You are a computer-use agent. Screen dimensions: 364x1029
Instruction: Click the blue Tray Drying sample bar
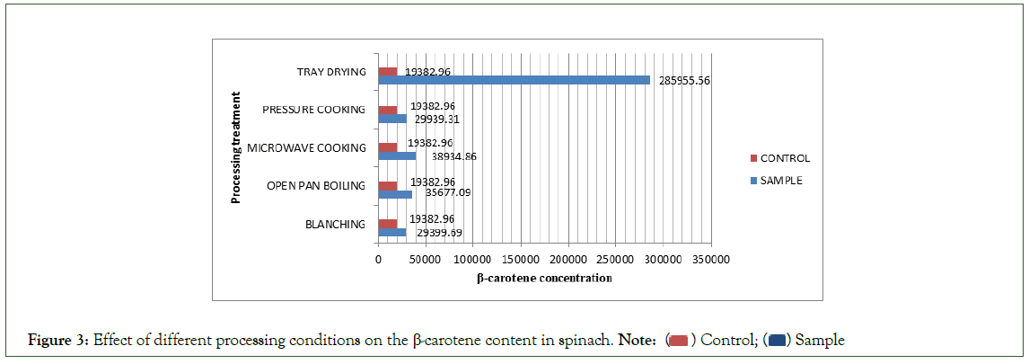(514, 80)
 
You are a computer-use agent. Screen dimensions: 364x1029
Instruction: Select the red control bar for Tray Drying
(388, 71)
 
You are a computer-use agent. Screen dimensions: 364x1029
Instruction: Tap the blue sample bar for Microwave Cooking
(397, 156)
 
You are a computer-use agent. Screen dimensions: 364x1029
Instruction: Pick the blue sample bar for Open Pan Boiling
(395, 194)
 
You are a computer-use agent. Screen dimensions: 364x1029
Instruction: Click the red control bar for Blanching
(388, 224)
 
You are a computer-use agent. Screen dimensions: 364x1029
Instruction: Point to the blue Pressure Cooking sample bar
(392, 119)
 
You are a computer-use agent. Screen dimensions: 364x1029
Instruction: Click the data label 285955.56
(685, 80)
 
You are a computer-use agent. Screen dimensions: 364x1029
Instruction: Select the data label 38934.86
(454, 156)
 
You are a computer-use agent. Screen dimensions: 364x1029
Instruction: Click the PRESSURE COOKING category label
(313, 110)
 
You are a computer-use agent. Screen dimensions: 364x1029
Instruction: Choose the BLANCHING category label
(336, 224)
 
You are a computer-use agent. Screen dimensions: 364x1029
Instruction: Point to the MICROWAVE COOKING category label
(306, 147)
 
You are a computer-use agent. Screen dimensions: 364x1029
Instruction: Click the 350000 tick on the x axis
(710, 261)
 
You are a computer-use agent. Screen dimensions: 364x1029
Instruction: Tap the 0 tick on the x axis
(378, 261)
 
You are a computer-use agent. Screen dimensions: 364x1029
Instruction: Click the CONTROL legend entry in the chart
(784, 158)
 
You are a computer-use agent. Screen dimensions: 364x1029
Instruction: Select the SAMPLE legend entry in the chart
(780, 180)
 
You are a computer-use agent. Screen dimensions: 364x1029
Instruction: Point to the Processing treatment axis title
(236, 147)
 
